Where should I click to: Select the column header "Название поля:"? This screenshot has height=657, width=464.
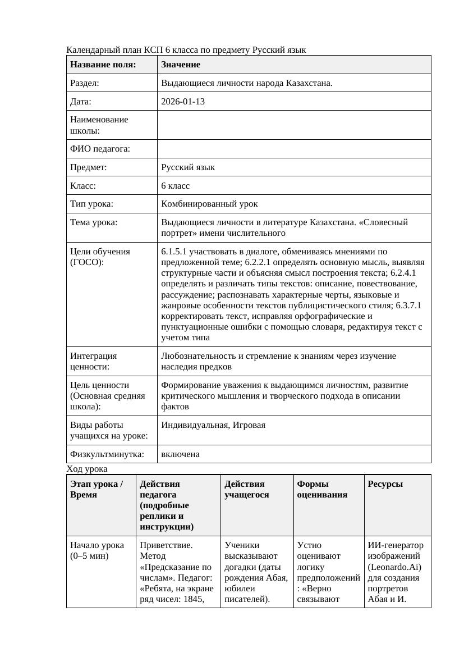click(103, 65)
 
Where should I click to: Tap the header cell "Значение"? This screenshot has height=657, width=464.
click(180, 65)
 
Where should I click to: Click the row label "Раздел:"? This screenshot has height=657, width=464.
click(85, 83)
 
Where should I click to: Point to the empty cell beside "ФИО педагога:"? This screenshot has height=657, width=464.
click(294, 149)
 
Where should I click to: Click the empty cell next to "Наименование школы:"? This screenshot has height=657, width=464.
click(294, 125)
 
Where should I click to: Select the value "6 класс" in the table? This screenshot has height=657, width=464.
click(175, 185)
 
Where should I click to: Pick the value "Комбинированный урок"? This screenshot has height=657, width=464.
click(209, 204)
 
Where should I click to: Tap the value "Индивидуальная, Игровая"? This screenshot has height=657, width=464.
click(213, 425)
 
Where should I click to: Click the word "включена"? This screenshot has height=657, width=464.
click(180, 454)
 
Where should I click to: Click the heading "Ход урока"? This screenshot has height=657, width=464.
click(87, 469)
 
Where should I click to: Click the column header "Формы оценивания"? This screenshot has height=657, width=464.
click(322, 489)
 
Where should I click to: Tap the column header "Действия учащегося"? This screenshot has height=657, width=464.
click(246, 489)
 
